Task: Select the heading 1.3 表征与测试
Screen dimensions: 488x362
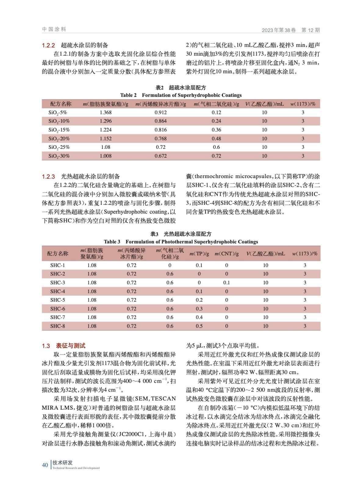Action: pyautogui.click(x=64, y=346)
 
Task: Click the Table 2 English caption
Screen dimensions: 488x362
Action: pyautogui.click(x=181, y=95)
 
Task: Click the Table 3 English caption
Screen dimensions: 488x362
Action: pyautogui.click(x=181, y=242)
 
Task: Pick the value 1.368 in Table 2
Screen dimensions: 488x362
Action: pyautogui.click(x=106, y=113)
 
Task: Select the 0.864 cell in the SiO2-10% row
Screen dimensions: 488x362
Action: pyautogui.click(x=160, y=121)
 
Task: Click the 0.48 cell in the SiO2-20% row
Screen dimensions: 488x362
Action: pyautogui.click(x=216, y=139)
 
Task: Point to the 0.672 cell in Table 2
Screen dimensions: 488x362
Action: pyautogui.click(x=160, y=156)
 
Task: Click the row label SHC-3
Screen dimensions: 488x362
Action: pyautogui.click(x=57, y=283)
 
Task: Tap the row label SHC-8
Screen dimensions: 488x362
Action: pyautogui.click(x=57, y=326)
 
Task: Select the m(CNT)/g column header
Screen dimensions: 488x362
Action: pyautogui.click(x=226, y=254)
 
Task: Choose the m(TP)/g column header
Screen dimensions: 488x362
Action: pyautogui.click(x=199, y=254)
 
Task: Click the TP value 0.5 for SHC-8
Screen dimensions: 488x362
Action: pyautogui.click(x=199, y=326)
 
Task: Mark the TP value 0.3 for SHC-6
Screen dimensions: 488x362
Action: pyautogui.click(x=199, y=309)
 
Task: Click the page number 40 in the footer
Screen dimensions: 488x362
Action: pyautogui.click(x=45, y=465)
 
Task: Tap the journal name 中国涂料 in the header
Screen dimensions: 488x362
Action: pyautogui.click(x=54, y=29)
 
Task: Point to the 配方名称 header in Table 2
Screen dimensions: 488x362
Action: pyautogui.click(x=61, y=104)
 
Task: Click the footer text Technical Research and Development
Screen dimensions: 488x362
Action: pyautogui.click(x=76, y=468)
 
